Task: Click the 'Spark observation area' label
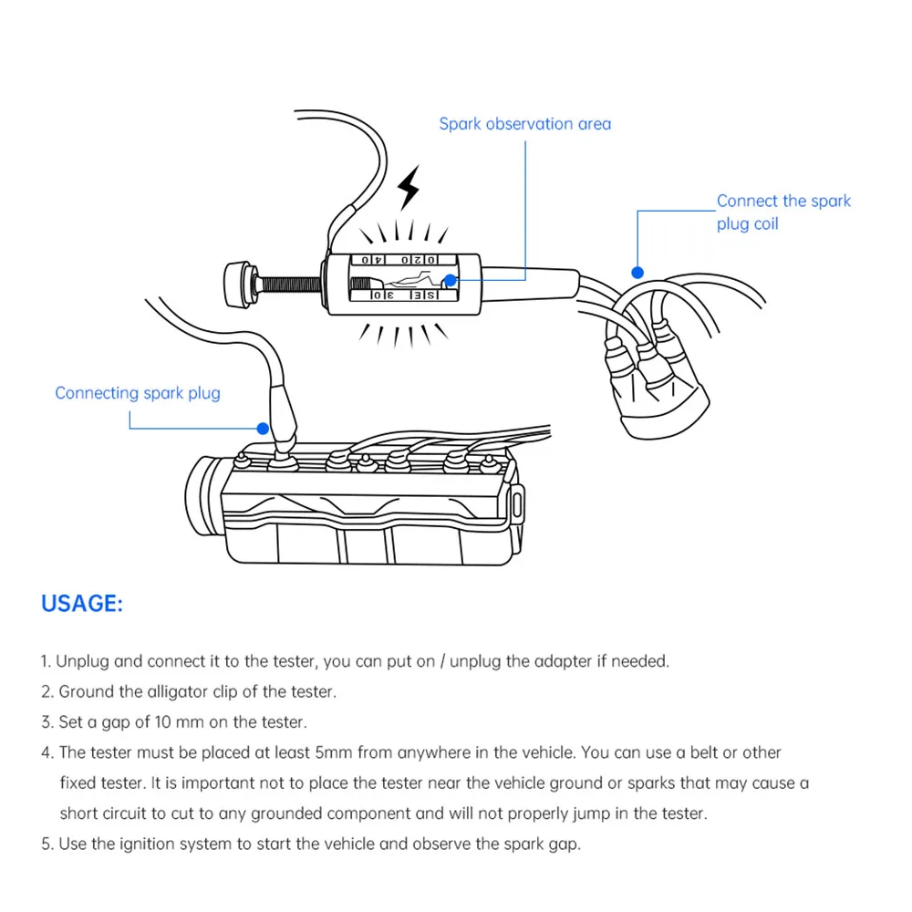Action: coord(524,124)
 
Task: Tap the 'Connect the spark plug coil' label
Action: coord(782,212)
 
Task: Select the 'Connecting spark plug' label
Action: coord(137,393)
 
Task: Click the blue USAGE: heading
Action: coord(82,604)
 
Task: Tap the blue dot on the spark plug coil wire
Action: coord(637,272)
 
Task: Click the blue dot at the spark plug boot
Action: coord(263,427)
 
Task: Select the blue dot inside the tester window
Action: coord(449,281)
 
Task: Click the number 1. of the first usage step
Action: coord(47,661)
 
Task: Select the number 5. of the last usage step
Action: coord(47,844)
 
